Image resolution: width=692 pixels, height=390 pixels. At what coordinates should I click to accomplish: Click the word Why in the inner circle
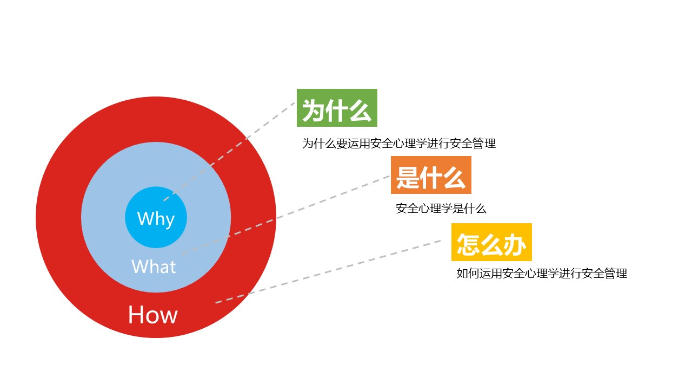pos(156,219)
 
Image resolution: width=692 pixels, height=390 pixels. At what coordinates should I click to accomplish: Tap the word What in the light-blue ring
pos(154,266)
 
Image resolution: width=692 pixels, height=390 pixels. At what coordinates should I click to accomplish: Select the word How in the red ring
pos(153,315)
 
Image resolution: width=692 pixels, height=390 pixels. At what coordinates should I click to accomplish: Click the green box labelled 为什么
pos(337,108)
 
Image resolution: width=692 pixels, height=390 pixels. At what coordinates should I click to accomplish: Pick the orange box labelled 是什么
pos(431,175)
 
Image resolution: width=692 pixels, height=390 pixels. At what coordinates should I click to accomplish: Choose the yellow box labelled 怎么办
pos(491,242)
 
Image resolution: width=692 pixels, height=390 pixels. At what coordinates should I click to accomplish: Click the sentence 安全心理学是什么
pos(441,209)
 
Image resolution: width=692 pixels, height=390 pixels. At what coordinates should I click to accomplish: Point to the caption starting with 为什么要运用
pos(399,144)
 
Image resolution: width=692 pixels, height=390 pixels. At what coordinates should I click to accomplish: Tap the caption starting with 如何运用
pos(542,274)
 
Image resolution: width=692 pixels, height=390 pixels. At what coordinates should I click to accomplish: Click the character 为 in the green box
pos(313,110)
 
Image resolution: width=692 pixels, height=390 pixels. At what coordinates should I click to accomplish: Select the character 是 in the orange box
pos(408,177)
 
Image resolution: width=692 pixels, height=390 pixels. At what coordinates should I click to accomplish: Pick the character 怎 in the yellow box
pos(468,244)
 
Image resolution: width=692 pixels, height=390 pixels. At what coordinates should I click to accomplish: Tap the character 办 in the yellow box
pos(515,244)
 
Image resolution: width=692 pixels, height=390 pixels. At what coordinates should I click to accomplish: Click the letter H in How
pos(135,315)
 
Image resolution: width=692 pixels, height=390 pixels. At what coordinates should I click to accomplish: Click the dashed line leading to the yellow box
pos(328,272)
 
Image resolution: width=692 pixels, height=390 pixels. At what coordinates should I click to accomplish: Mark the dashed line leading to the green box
pos(229,152)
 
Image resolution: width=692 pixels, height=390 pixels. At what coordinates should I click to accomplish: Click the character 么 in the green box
pos(360,110)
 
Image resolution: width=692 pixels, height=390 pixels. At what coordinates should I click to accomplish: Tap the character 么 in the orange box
pos(454,177)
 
